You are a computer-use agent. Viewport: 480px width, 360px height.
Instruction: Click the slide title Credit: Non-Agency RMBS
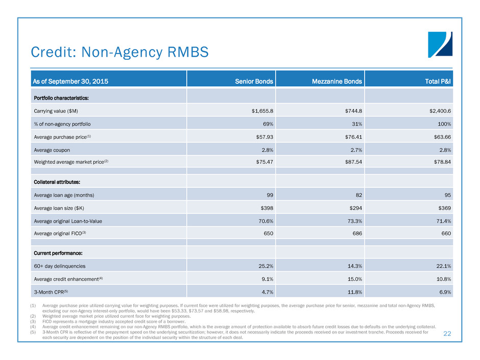coord(120,52)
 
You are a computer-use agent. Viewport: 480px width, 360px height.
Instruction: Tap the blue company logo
coord(440,45)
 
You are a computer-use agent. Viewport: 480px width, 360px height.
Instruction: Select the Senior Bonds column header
coord(254,81)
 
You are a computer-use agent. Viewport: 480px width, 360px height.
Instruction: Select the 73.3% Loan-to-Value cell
coord(353,221)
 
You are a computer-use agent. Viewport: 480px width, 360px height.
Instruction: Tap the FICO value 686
coord(356,234)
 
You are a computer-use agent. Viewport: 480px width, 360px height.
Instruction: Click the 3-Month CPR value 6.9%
coord(443,292)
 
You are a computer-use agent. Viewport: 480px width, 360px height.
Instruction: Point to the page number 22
coord(447,333)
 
